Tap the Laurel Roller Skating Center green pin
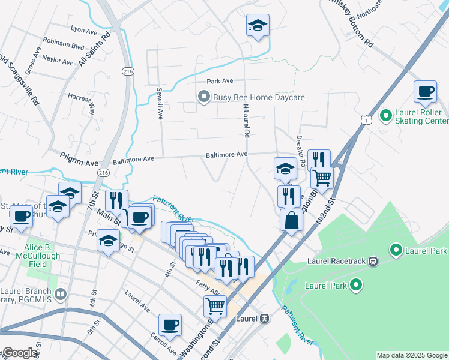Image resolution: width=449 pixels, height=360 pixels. pyautogui.click(x=386, y=114)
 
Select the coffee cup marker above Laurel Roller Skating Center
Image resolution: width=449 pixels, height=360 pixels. pyautogui.click(x=425, y=92)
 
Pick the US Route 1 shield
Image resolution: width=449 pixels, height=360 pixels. pyautogui.click(x=364, y=121)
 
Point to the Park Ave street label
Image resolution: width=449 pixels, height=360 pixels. pyautogui.click(x=220, y=81)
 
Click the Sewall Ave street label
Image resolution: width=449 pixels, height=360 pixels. pyautogui.click(x=160, y=102)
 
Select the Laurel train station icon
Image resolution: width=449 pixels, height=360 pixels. pyautogui.click(x=264, y=319)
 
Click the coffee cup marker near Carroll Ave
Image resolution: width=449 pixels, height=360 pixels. pyautogui.click(x=170, y=325)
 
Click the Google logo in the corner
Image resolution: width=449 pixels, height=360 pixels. pyautogui.click(x=19, y=353)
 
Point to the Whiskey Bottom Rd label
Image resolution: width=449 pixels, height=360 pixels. pyautogui.click(x=354, y=24)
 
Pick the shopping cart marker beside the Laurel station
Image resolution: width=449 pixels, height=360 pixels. pyautogui.click(x=215, y=306)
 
